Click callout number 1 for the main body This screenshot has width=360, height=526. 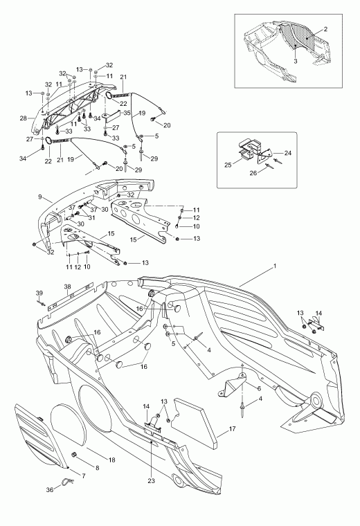click(274, 266)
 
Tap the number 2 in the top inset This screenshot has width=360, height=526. click(325, 29)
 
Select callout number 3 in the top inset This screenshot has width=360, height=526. click(296, 62)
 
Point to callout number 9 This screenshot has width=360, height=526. click(40, 197)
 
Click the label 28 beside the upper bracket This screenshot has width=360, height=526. click(23, 118)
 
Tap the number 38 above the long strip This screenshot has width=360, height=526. click(68, 287)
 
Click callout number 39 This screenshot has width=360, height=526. click(39, 293)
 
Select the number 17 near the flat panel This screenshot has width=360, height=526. click(232, 428)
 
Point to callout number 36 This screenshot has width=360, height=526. click(50, 490)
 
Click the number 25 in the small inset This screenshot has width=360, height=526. click(228, 165)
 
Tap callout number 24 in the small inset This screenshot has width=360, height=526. click(288, 153)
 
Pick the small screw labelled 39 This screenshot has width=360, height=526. click(42, 304)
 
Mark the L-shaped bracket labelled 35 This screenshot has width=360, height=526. click(112, 116)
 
